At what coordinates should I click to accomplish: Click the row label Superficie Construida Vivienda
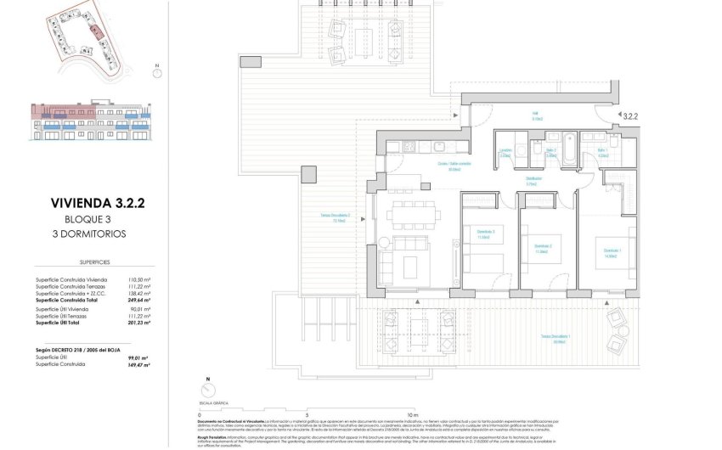71,279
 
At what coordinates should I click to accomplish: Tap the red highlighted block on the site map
99,31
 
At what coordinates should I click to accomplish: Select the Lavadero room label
505,155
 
